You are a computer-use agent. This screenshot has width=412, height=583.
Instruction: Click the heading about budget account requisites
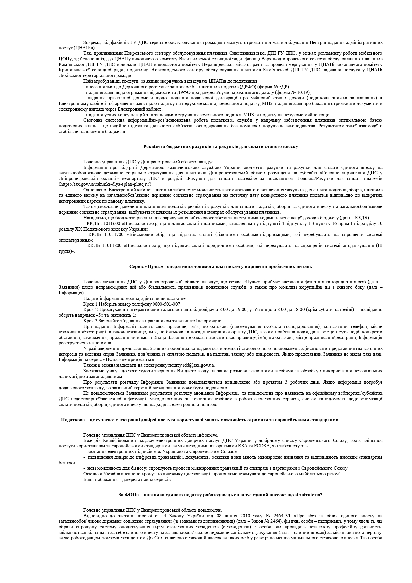[x=221, y=146]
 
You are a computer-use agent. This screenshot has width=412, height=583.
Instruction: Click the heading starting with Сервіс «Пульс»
[x=221, y=266]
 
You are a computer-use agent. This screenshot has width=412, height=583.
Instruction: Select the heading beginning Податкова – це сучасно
[x=200, y=420]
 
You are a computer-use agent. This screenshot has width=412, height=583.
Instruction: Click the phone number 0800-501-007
[x=166, y=304]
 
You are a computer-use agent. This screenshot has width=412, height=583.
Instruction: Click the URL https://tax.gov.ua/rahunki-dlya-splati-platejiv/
[x=106, y=184]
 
